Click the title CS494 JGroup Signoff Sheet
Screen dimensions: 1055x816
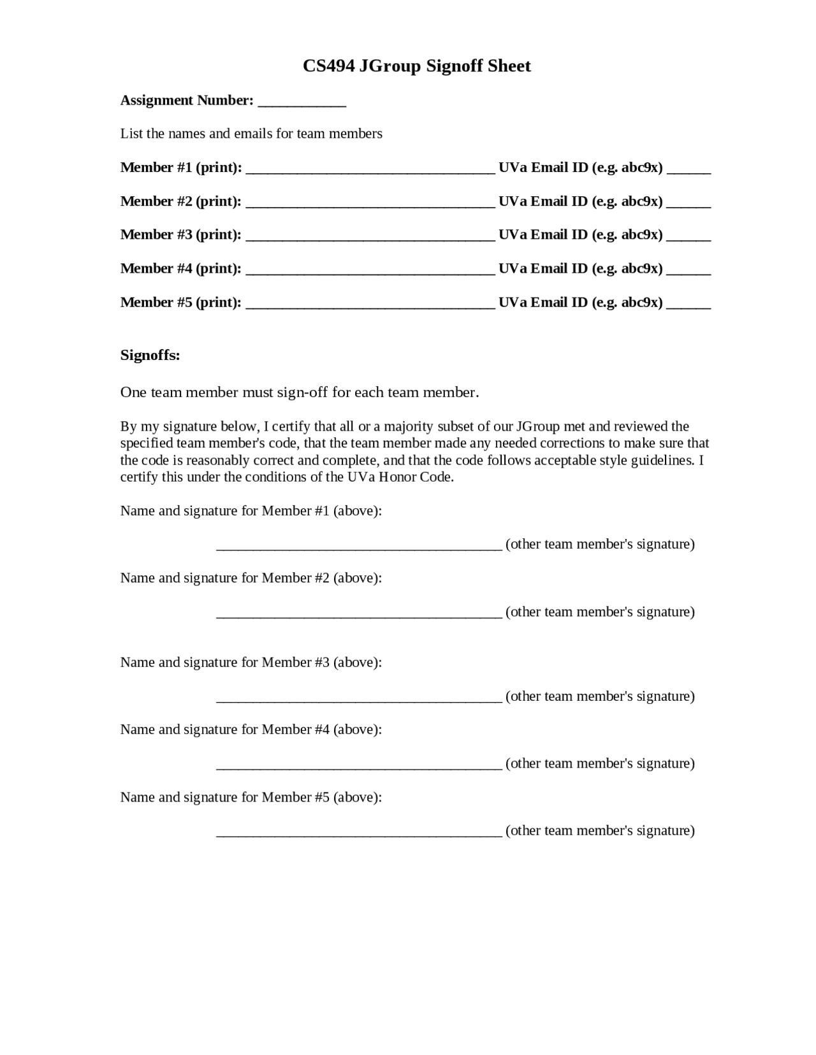(x=416, y=66)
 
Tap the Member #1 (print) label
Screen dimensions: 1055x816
(x=181, y=168)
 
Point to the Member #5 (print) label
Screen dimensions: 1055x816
(x=181, y=302)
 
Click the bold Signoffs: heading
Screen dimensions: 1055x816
(x=150, y=355)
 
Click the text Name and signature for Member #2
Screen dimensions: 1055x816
(x=251, y=578)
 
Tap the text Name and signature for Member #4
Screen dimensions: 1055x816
(x=251, y=729)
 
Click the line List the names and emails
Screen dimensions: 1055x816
(x=251, y=134)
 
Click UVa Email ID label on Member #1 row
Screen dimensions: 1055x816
(x=580, y=168)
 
